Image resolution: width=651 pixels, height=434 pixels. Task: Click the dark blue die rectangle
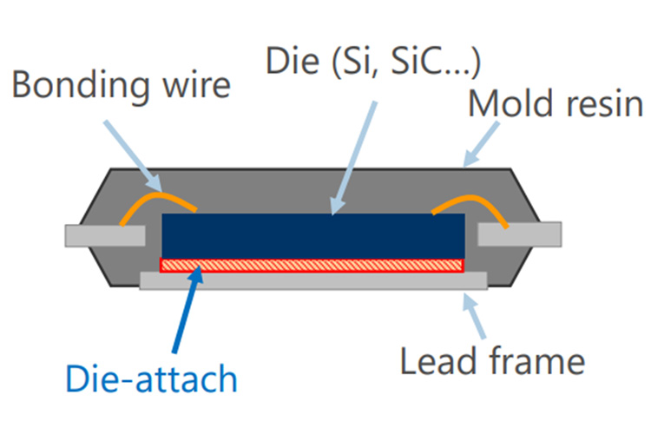coord(313,233)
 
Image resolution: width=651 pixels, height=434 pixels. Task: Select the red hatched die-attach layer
coord(313,264)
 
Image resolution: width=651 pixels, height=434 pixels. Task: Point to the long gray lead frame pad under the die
coord(313,279)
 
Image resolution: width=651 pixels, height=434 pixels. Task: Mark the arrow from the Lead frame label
coord(475,318)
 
